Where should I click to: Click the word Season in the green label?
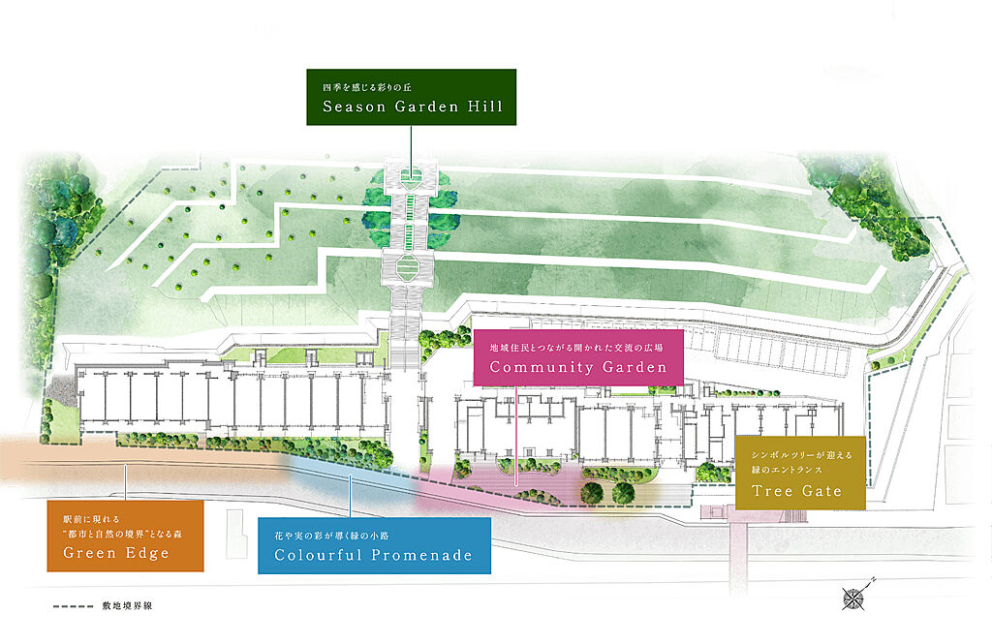(x=354, y=107)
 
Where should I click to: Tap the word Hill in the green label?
(x=484, y=107)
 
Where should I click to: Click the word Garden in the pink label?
(x=634, y=367)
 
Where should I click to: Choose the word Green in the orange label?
(x=89, y=553)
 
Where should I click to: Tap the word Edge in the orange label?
(x=147, y=553)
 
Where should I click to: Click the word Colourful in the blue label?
(x=318, y=556)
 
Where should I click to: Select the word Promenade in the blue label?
(x=421, y=556)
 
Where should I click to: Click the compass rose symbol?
(x=854, y=596)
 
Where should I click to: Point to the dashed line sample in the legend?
(x=73, y=606)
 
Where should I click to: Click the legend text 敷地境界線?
(x=127, y=606)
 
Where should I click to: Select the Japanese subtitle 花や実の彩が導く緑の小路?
(x=331, y=536)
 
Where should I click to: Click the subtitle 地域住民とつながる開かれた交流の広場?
(x=576, y=348)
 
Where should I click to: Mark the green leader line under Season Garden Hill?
(x=411, y=150)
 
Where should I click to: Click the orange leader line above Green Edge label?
(x=125, y=482)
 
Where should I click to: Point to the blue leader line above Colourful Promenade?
(x=350, y=494)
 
